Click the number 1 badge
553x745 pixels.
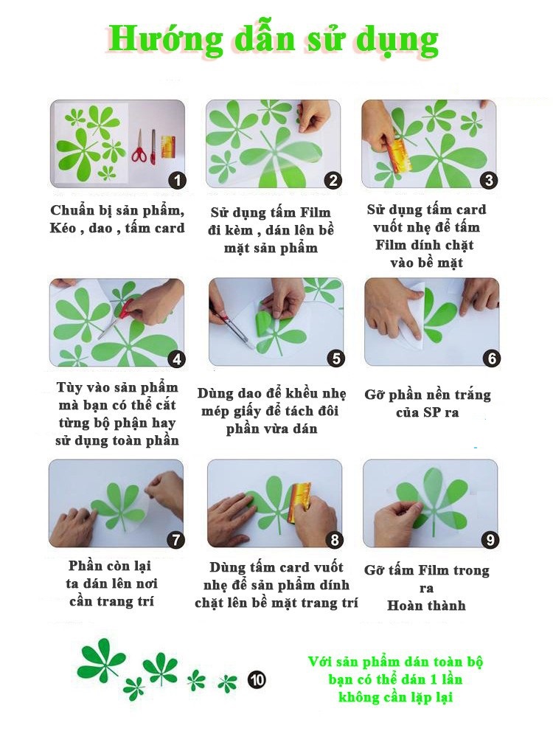(x=178, y=181)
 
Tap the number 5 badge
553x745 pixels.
(x=336, y=358)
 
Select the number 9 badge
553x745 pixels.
(x=490, y=540)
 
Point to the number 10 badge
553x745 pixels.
(x=257, y=680)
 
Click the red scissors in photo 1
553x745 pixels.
(x=139, y=148)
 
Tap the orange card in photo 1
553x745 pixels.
(x=167, y=146)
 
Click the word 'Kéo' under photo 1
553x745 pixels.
(x=63, y=228)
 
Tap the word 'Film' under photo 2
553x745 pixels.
(x=315, y=212)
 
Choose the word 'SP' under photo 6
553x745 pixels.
(x=432, y=412)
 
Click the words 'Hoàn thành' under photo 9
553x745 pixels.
(x=426, y=606)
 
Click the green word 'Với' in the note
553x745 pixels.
(x=320, y=662)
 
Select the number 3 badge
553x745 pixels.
(x=490, y=181)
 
